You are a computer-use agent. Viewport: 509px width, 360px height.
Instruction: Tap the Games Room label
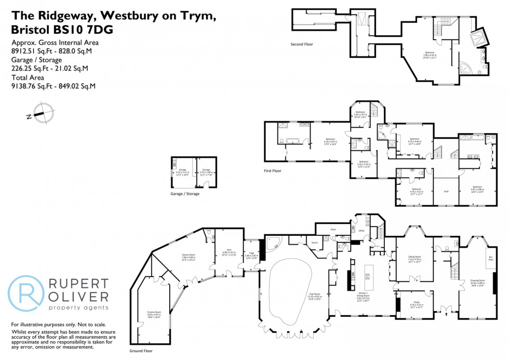[188, 257]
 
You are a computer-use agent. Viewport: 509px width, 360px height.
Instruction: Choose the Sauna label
[314, 242]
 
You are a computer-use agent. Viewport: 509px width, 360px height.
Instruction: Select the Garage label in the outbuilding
[182, 170]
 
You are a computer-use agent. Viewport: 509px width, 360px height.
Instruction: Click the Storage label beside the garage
[206, 170]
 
